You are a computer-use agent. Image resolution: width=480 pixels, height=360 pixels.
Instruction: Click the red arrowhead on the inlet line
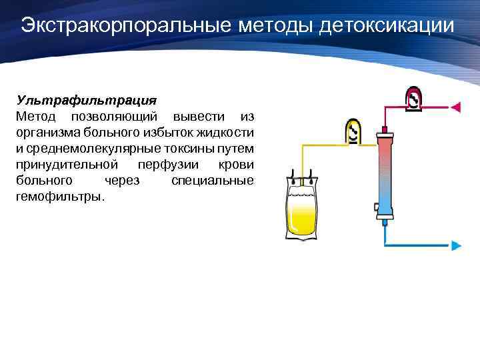457,107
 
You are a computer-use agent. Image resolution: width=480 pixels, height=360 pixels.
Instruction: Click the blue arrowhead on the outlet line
457,245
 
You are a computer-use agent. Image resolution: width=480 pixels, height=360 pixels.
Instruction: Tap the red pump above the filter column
413,99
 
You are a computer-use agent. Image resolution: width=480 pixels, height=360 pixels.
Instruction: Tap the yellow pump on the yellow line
353,132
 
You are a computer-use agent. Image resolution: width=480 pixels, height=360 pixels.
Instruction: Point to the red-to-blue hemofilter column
385,173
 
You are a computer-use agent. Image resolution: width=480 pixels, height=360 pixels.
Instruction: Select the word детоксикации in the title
388,26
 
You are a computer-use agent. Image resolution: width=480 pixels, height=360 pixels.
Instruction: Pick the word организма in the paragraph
47,133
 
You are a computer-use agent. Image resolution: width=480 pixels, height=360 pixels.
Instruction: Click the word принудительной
67,165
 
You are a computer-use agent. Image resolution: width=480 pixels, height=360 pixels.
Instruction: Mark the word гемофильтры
59,197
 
